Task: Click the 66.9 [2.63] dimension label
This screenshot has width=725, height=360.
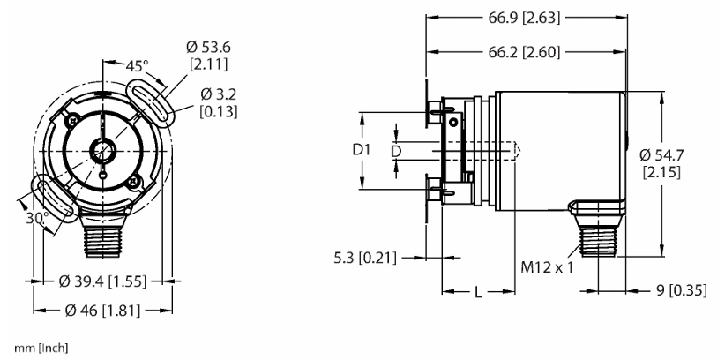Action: [524, 18]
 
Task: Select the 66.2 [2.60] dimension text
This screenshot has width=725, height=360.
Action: [524, 52]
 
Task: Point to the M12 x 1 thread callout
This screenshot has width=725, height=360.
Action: [547, 267]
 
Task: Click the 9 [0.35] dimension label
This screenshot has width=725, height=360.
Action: [682, 291]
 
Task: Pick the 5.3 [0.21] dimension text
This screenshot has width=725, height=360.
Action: [365, 258]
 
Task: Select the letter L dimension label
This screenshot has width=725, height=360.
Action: [479, 292]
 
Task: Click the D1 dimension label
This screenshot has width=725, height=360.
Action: [362, 150]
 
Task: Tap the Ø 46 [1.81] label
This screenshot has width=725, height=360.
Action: [102, 311]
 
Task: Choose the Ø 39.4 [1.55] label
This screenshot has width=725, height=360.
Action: [102, 281]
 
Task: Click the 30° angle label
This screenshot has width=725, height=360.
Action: [37, 218]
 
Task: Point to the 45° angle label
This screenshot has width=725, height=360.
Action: [137, 67]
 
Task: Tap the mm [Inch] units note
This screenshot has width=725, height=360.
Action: [41, 348]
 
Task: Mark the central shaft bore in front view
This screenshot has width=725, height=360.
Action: [102, 150]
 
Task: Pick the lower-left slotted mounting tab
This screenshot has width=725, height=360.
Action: [55, 199]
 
